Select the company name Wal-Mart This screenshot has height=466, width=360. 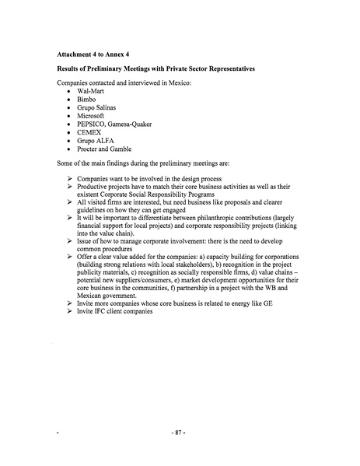[92, 92]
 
